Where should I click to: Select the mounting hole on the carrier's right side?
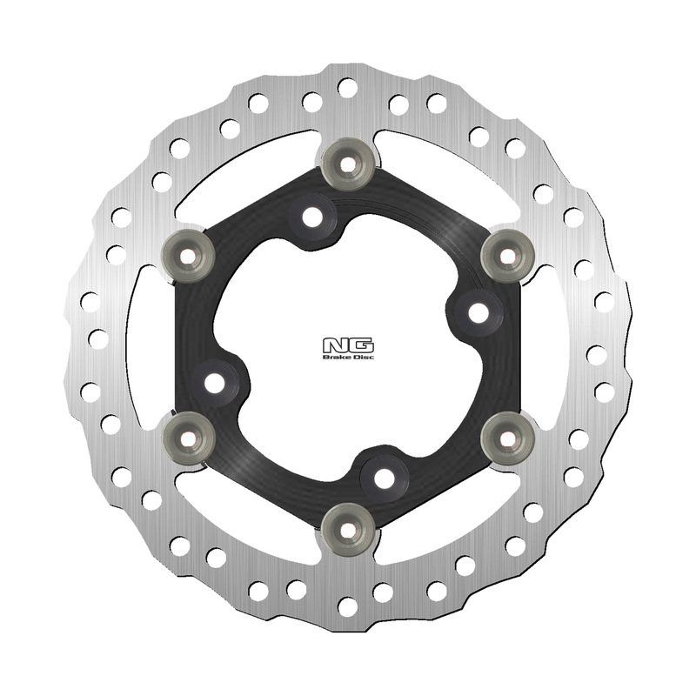coord(477,311)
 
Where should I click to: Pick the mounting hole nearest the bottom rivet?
coord(383,475)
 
